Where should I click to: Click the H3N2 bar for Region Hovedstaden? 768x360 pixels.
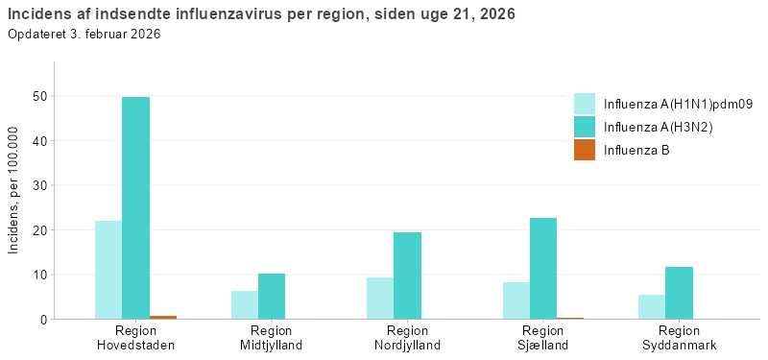point(135,207)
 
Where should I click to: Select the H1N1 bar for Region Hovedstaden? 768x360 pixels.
point(108,270)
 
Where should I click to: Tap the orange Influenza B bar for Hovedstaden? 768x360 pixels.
point(162,316)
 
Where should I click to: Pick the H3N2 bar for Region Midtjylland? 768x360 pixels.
point(272,296)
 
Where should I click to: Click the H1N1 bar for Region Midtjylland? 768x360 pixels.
point(245,304)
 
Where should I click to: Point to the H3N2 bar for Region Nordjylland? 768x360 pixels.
point(407,276)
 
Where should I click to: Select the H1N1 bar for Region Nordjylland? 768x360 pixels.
point(380,298)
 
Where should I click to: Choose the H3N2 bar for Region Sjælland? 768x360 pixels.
point(543,268)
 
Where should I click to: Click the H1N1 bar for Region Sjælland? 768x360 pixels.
point(516,300)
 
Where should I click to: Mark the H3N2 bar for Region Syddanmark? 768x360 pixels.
point(679,293)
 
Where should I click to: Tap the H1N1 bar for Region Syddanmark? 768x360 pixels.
point(652,306)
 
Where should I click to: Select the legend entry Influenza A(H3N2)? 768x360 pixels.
point(658,127)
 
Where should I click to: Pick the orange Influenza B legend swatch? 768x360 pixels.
point(585,150)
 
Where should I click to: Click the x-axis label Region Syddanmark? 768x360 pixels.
point(679,338)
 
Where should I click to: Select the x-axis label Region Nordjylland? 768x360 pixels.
point(407,338)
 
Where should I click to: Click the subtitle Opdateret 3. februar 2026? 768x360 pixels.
point(84,35)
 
